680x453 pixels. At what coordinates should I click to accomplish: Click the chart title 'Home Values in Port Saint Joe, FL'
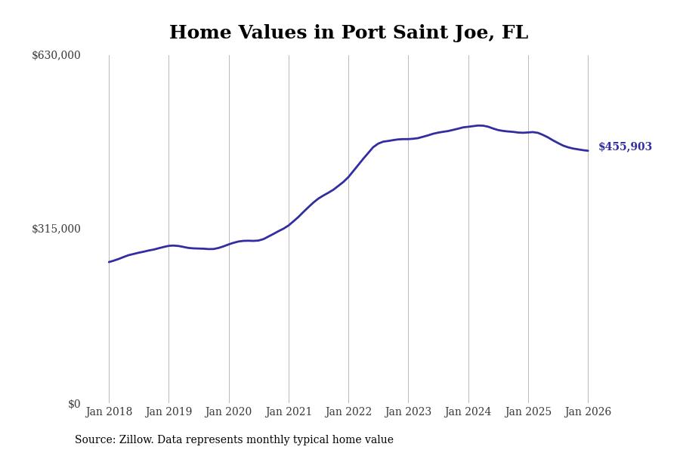click(x=348, y=33)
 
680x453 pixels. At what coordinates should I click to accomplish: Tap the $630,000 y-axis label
click(x=56, y=55)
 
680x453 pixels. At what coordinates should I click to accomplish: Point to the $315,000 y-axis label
click(x=56, y=229)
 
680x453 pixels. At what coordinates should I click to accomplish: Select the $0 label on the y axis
click(x=74, y=404)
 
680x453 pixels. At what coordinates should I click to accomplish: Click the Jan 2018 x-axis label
click(x=109, y=412)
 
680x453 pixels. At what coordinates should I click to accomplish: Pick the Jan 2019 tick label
click(x=168, y=412)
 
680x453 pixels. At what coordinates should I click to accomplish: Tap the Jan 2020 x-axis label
click(x=228, y=412)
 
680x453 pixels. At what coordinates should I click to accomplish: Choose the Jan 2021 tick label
click(x=289, y=412)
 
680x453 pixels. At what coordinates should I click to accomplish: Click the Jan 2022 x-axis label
click(x=348, y=412)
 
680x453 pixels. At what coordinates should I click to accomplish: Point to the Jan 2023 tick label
click(x=408, y=412)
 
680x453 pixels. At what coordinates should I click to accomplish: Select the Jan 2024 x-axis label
click(x=468, y=412)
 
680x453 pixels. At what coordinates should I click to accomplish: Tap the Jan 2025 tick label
click(x=528, y=412)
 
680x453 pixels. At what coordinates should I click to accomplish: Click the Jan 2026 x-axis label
click(x=588, y=412)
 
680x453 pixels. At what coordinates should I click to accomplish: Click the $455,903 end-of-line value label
click(x=625, y=147)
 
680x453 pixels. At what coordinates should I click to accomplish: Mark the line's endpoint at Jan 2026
click(x=588, y=151)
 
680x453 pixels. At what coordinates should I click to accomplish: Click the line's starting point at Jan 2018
click(x=109, y=262)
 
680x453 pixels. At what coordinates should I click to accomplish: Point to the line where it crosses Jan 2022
click(x=348, y=177)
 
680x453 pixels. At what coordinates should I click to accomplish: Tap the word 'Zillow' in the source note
click(x=137, y=440)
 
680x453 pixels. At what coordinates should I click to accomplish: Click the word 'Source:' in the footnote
click(x=95, y=440)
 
